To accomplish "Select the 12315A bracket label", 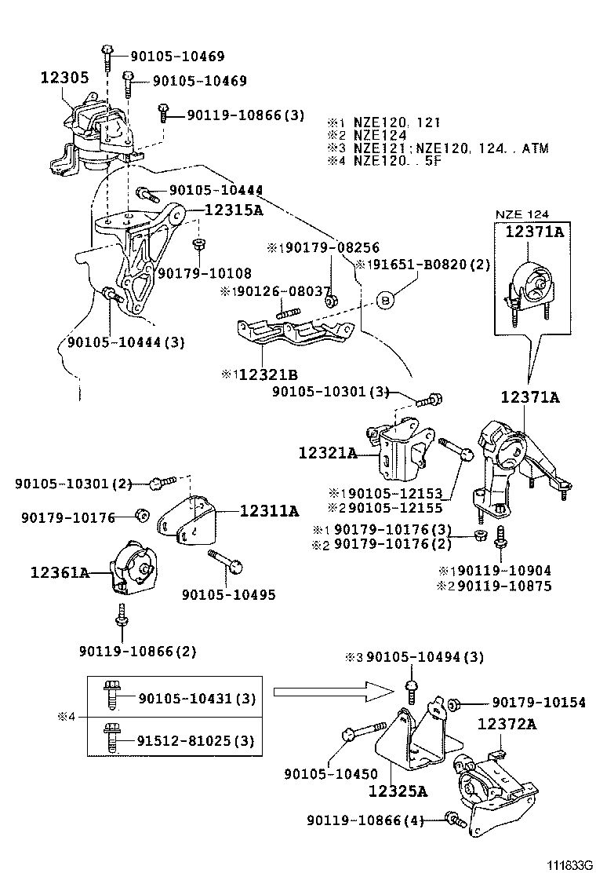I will point(234,210).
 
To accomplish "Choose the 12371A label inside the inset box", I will point(533,232).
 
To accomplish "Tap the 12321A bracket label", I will point(327,453).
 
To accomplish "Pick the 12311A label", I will point(269,512).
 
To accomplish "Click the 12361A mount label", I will point(60,573).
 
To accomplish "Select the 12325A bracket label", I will point(398,791).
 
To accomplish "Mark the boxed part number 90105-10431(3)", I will point(187,699).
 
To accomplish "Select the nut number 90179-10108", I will point(204,273).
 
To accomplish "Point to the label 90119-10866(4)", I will point(365,820).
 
